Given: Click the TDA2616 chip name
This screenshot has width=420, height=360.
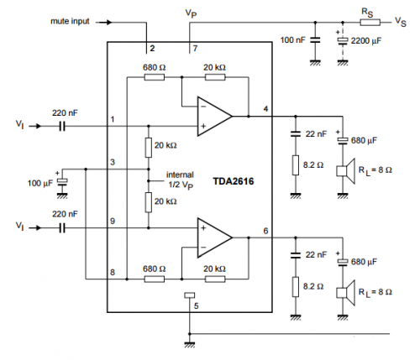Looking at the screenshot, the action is tap(234, 181).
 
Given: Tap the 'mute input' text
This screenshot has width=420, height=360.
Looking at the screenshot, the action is tap(70, 21).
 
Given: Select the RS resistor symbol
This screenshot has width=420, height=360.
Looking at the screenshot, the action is tap(370, 22).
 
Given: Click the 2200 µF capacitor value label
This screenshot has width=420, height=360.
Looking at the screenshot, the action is tap(366, 41).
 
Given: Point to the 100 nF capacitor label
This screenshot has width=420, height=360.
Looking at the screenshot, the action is tap(293, 40).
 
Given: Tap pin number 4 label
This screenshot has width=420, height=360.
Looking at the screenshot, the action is tap(265, 108).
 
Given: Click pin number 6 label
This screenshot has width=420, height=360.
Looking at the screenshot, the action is tap(265, 231).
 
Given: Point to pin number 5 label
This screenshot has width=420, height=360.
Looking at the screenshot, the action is tap(196, 305).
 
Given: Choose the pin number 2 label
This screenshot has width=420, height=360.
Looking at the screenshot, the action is tap(152, 49).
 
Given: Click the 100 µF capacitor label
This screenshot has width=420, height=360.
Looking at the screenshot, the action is tap(39, 183).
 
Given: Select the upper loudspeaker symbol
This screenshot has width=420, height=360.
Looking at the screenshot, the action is tap(346, 171).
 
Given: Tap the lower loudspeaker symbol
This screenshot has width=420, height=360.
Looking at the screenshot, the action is tap(346, 293).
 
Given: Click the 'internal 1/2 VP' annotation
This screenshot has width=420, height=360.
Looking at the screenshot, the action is tap(181, 180).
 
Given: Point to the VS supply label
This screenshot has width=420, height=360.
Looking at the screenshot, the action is tap(401, 22).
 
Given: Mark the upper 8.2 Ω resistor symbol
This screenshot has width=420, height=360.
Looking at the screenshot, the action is tap(296, 165).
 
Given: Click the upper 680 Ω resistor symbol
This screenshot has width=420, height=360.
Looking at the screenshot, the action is tap(155, 77).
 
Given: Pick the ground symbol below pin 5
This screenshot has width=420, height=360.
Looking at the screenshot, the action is tap(190, 345).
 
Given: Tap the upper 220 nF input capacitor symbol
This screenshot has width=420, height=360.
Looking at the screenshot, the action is tap(62, 127).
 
